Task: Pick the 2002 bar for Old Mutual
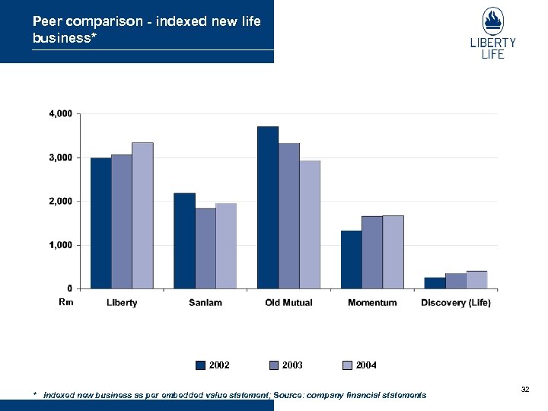(x=268, y=207)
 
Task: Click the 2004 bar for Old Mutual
(x=310, y=225)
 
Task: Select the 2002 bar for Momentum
(x=351, y=260)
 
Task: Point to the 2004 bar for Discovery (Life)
(x=476, y=279)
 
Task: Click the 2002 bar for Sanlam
(x=184, y=241)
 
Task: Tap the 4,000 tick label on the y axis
(x=60, y=113)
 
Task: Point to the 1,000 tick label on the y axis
(x=60, y=245)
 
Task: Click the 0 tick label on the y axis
(x=69, y=288)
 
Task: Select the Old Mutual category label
(x=288, y=303)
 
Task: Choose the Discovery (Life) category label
(x=456, y=303)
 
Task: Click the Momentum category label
(x=372, y=303)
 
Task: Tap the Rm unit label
(x=67, y=302)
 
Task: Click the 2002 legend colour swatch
(x=202, y=365)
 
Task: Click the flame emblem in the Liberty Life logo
(x=492, y=21)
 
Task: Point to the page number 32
(x=524, y=389)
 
